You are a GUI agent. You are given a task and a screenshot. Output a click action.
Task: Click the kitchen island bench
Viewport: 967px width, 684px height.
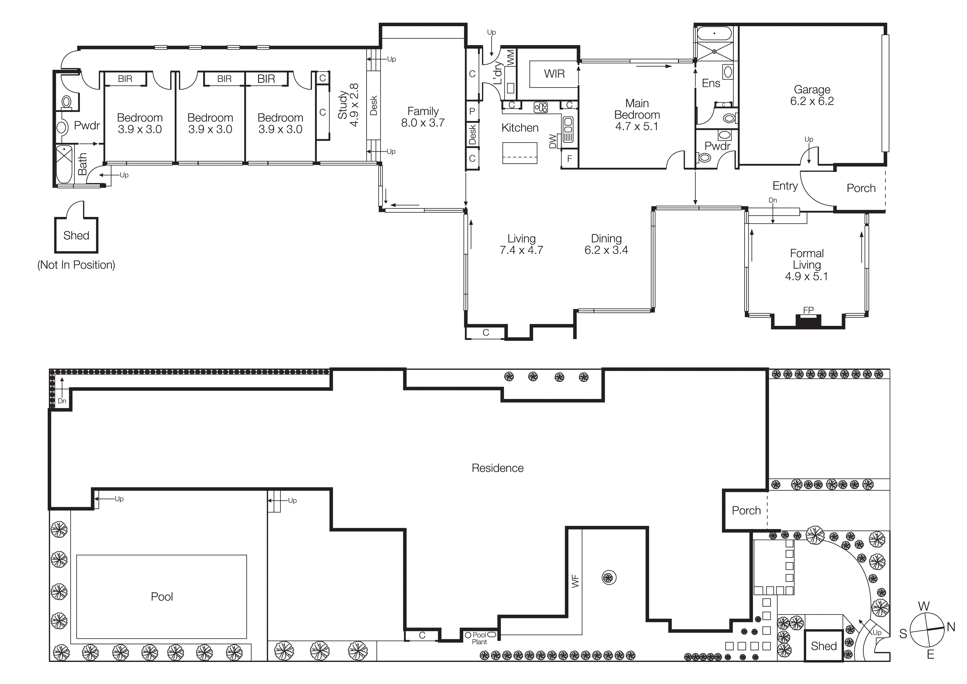520,153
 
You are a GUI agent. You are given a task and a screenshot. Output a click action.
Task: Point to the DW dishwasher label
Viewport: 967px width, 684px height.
553,142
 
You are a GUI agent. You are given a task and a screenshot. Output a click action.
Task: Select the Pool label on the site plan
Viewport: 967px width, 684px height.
162,597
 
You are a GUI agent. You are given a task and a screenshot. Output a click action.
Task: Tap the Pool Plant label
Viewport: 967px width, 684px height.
479,638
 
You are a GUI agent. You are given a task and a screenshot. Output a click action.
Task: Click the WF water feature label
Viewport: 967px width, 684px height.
575,582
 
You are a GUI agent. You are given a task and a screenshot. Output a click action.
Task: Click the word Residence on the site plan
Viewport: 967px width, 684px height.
497,468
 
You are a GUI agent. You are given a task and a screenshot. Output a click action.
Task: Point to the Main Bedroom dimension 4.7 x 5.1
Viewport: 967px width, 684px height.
636,126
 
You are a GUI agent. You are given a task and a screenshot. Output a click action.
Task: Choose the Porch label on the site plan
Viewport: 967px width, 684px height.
746,511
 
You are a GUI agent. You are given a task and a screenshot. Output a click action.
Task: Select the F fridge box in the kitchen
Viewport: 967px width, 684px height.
570,159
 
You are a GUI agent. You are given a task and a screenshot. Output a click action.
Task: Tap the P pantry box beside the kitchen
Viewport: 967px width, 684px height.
472,111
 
